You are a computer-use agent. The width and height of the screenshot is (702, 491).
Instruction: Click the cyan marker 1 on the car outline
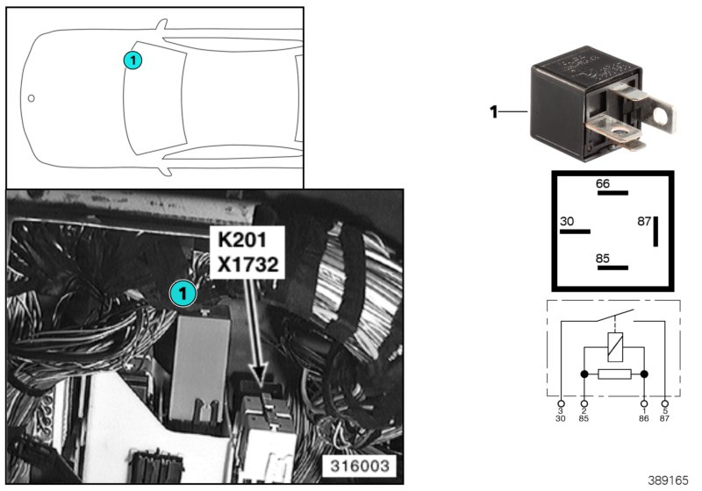tap(132, 60)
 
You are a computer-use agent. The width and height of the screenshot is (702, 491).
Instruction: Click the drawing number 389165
tap(670, 481)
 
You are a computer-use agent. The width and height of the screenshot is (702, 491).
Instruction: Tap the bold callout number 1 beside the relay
tap(494, 111)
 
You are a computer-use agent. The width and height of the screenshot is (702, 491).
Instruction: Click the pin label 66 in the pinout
tap(603, 183)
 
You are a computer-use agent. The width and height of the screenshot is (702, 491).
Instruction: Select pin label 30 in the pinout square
tap(568, 222)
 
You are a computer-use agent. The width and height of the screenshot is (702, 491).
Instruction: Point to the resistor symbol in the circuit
tap(614, 374)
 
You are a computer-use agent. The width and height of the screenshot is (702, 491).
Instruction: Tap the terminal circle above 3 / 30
tap(561, 402)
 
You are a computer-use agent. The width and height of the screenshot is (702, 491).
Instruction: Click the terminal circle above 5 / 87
tap(665, 402)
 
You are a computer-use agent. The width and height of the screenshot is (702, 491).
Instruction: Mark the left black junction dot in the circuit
tap(585, 374)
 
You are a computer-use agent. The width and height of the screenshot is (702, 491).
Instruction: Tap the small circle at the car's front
tap(31, 98)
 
